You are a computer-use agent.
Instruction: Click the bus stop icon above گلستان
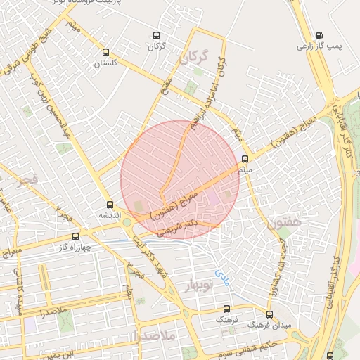(105, 52)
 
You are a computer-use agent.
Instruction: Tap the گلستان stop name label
(107, 63)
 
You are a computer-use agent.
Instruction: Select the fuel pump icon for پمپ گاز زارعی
(320, 35)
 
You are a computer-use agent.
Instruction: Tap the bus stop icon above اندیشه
(109, 205)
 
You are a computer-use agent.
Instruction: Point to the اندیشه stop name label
(109, 214)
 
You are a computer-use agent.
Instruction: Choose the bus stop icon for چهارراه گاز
(76, 237)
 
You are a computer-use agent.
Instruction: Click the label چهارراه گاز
(76, 247)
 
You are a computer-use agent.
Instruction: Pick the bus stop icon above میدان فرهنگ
(269, 314)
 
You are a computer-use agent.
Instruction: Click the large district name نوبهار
(198, 285)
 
